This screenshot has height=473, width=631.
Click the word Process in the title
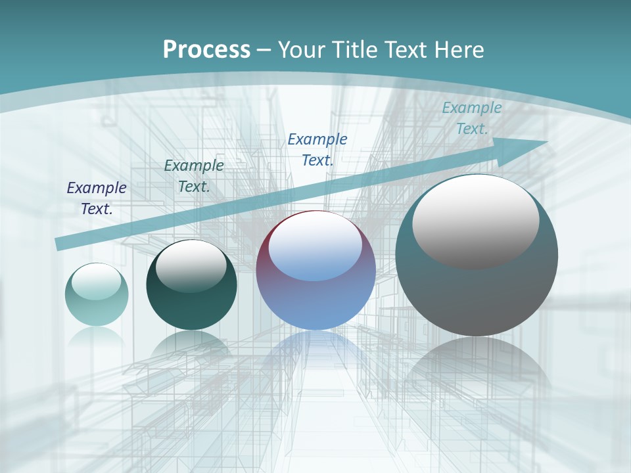pyautogui.click(x=206, y=50)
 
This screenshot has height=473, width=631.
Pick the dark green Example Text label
pyautogui.click(x=194, y=176)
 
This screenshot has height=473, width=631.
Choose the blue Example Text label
pyautogui.click(x=317, y=149)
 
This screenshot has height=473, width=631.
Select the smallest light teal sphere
pyautogui.click(x=97, y=309)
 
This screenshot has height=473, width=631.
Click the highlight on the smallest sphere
pyautogui.click(x=97, y=282)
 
